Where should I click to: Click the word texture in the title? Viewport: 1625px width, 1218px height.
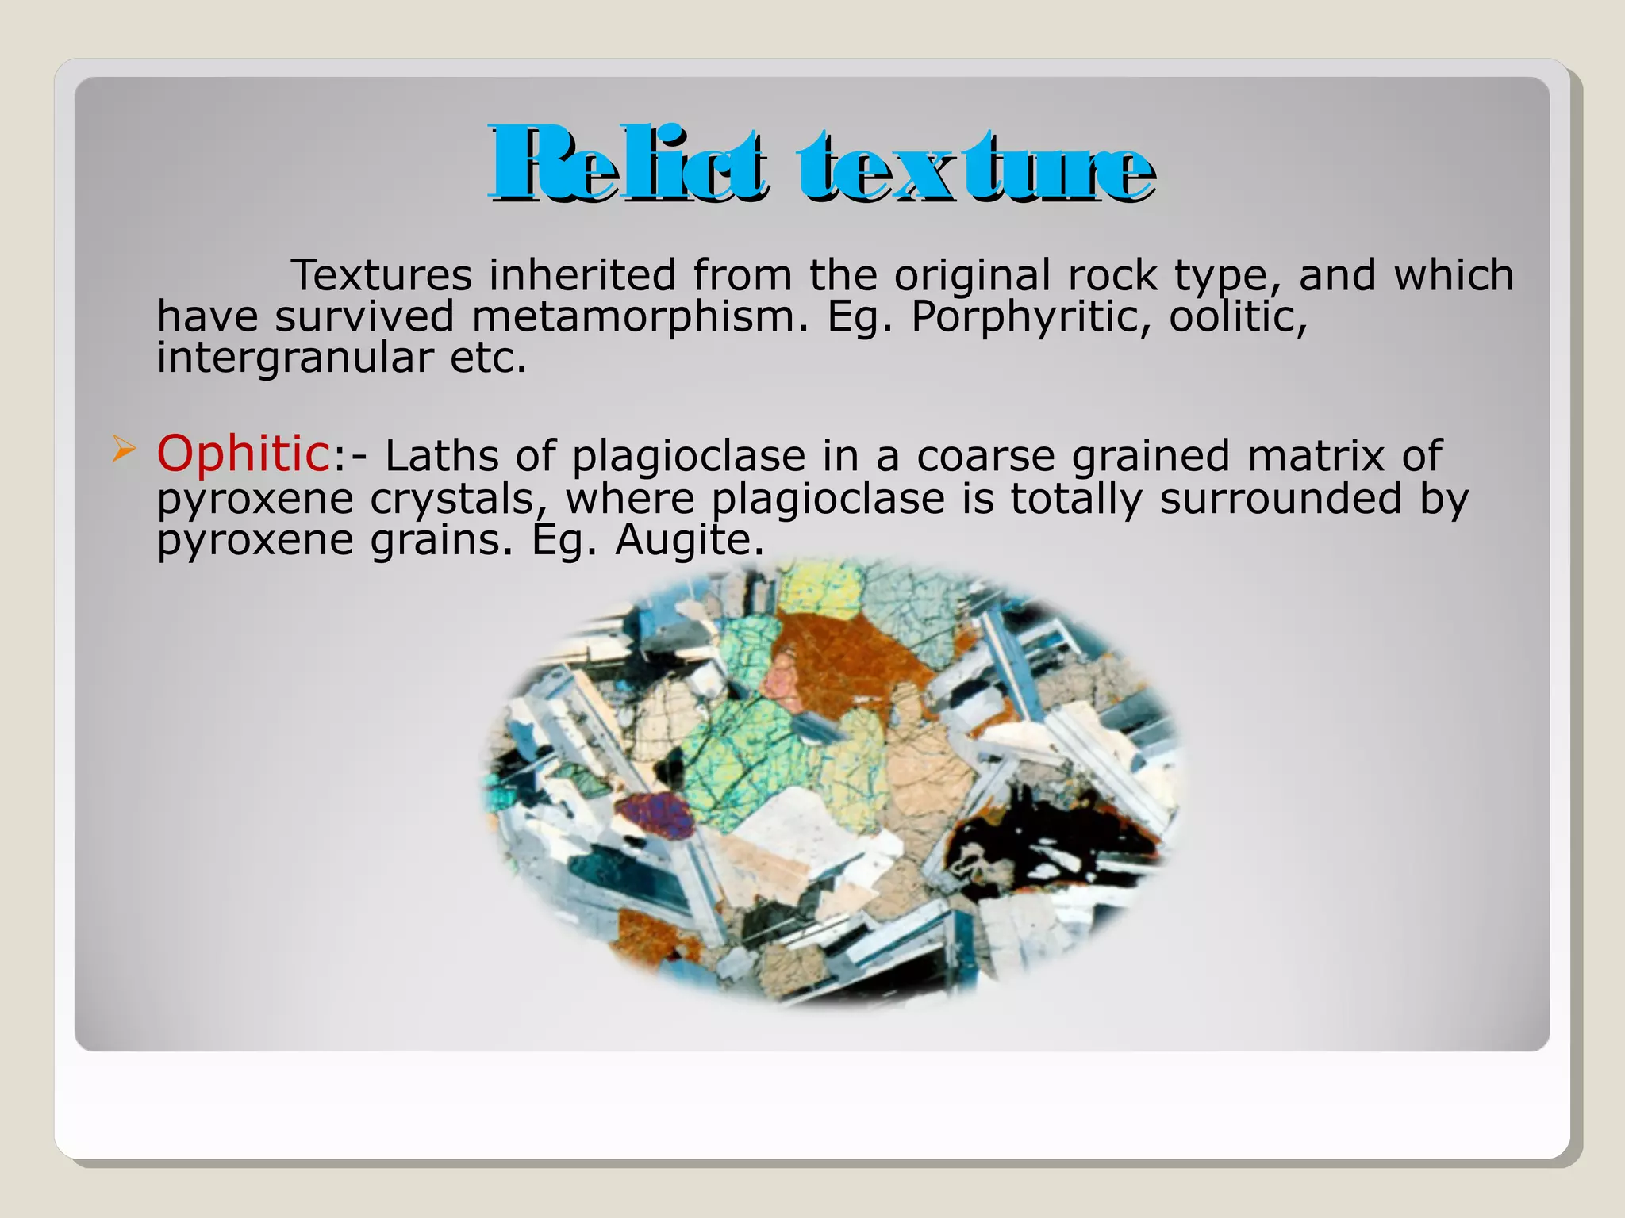point(976,164)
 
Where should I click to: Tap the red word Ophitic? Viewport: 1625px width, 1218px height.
point(243,454)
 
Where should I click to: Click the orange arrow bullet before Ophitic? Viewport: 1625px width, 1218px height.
point(123,451)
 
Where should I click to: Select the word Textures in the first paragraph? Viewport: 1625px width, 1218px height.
point(382,275)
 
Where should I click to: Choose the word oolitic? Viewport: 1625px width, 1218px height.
point(1238,316)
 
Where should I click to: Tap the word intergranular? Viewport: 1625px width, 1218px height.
point(294,358)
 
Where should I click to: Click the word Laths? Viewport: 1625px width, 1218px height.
point(442,456)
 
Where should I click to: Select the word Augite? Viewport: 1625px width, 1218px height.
point(689,540)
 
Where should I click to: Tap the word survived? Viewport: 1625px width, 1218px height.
point(364,316)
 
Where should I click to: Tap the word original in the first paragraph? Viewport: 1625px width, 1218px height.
point(971,275)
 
